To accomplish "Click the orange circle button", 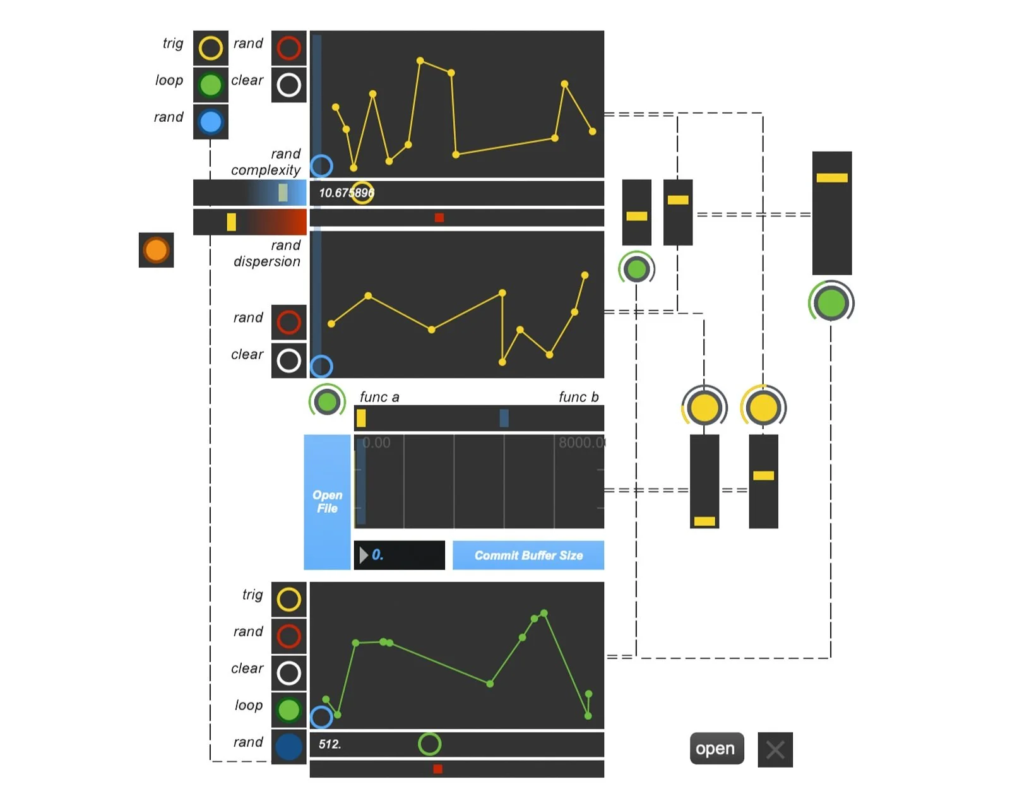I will (156, 250).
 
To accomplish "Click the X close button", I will (775, 749).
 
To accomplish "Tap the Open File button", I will (327, 502).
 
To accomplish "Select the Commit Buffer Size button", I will (528, 555).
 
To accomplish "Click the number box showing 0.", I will (399, 555).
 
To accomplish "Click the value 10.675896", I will (346, 193).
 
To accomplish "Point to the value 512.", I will (330, 744).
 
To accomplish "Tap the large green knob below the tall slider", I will (831, 302).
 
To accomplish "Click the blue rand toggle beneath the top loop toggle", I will (210, 122).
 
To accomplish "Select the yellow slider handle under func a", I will (361, 418).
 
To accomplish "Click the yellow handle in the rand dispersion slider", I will (231, 222).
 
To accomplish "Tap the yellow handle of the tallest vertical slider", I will (831, 178).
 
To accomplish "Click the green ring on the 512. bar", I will (429, 744).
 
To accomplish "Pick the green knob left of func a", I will (327, 401).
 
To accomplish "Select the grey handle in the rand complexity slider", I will (283, 193).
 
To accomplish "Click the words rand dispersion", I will (267, 254).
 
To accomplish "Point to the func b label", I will (578, 397).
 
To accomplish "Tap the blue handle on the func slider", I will (504, 418).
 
